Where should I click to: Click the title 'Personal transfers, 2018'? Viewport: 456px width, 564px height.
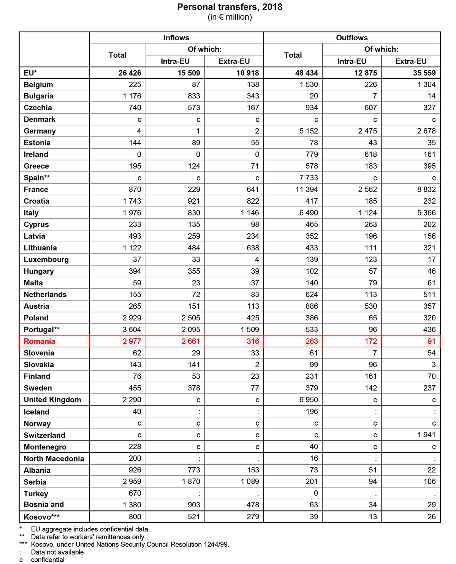point(230,7)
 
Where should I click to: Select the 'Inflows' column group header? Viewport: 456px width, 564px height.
point(176,38)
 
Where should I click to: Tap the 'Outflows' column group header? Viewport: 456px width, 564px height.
point(352,38)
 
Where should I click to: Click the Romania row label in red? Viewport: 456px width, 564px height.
point(40,341)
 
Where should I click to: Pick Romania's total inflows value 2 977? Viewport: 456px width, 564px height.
point(131,341)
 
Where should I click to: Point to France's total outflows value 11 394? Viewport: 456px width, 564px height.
point(307,189)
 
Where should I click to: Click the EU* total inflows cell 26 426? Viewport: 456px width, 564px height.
point(130,73)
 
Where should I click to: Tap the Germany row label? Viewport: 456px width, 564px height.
point(40,131)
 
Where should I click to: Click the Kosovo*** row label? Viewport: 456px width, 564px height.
point(42,517)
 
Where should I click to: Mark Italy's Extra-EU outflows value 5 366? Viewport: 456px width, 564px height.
point(426,213)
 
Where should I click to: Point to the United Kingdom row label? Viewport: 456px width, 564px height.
point(52,400)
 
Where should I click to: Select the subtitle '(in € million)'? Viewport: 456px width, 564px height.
point(230,17)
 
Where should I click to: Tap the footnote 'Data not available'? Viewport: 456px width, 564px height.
point(57,552)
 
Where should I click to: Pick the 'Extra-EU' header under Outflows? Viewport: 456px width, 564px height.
point(411,61)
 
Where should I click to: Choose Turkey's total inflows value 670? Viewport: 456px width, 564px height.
point(135,493)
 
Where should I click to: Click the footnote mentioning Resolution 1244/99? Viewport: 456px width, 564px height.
point(130,544)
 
